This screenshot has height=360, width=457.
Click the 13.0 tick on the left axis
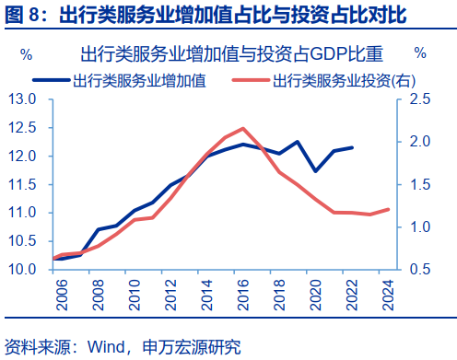(x=22, y=99)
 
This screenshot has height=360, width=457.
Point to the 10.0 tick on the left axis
(x=22, y=270)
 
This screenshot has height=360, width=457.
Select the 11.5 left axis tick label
(x=22, y=184)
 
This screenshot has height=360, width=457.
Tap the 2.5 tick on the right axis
(x=419, y=99)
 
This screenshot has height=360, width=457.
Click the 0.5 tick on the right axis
(x=419, y=270)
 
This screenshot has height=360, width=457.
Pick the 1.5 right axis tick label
(x=419, y=184)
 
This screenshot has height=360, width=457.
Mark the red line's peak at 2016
(x=242, y=128)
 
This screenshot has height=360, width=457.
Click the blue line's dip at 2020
(x=315, y=171)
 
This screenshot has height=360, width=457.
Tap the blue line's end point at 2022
(x=352, y=147)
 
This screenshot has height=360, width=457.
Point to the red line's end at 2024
(x=388, y=209)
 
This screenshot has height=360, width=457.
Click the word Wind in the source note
(x=105, y=347)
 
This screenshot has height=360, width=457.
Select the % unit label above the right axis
(x=420, y=53)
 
